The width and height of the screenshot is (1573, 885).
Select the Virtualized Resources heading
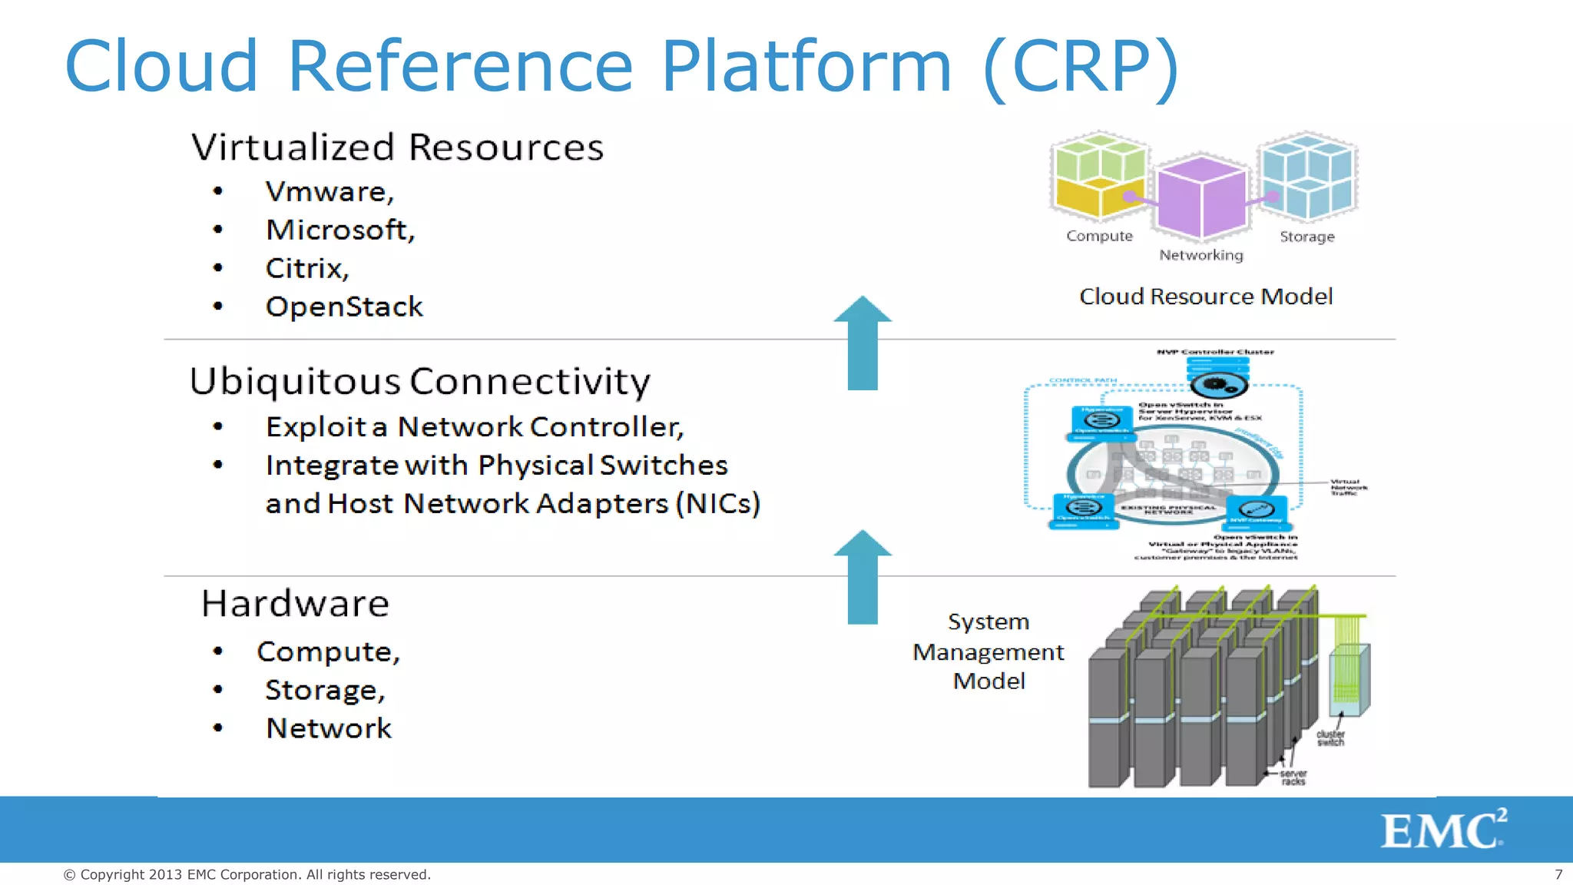(x=397, y=147)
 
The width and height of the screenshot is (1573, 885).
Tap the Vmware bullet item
(x=330, y=191)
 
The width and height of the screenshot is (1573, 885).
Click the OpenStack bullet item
(x=344, y=307)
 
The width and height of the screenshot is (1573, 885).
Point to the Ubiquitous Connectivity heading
(x=419, y=381)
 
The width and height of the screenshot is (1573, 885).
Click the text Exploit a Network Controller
(x=474, y=426)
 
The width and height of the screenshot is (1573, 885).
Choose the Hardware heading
(x=295, y=603)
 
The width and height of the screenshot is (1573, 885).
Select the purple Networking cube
(x=1202, y=197)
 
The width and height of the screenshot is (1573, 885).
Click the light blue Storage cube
(x=1308, y=174)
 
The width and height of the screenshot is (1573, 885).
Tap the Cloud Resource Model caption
(x=1205, y=297)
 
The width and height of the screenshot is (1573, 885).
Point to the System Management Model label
(x=989, y=651)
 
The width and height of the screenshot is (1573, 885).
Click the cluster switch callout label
(x=1330, y=738)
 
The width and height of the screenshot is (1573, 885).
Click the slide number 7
(x=1558, y=874)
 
